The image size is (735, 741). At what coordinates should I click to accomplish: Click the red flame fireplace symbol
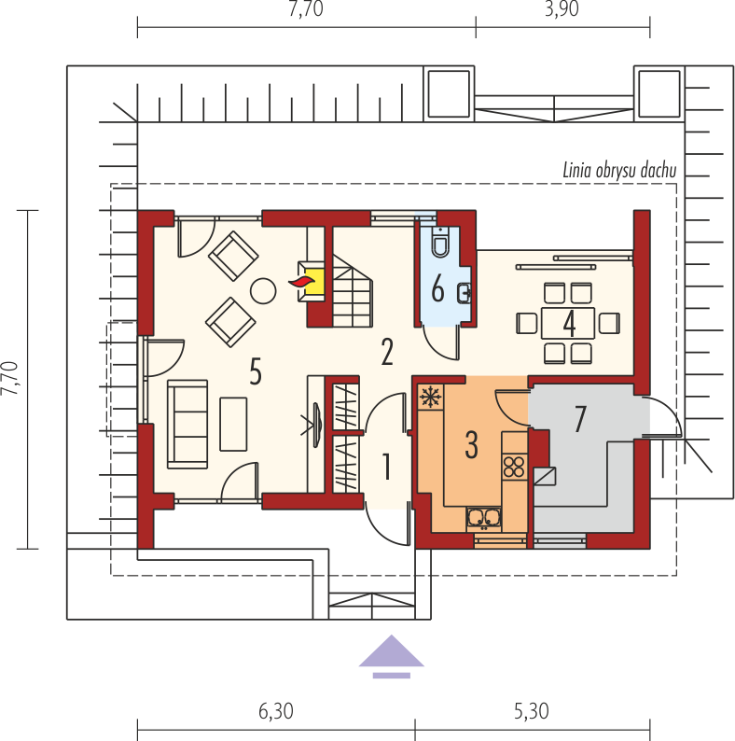coord(302,281)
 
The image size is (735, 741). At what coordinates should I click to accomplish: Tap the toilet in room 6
coord(440,242)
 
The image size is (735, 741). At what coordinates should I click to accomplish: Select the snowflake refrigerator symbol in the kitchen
coord(430,397)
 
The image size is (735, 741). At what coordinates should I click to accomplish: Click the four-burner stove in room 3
coord(514,466)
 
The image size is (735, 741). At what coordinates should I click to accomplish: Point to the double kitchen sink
coord(483,517)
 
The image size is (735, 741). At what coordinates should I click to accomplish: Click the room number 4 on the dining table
coord(569,324)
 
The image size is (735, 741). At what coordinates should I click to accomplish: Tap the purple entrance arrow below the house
coord(392,656)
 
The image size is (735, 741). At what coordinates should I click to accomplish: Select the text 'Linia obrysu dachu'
coord(619,171)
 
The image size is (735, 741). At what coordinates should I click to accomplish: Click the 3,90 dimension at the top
coord(562,9)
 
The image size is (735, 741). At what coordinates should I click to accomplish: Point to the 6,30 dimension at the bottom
coord(276,711)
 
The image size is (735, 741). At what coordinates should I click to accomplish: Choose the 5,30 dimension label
coord(532,711)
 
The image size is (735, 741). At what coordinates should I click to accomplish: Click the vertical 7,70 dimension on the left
coord(9,378)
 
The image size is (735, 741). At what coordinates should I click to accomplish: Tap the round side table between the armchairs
coord(263,290)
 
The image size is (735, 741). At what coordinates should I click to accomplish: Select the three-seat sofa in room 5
coord(187,424)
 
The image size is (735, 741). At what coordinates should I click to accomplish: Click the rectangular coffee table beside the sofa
coord(233,424)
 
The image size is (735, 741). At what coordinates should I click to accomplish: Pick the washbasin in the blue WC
coord(464,292)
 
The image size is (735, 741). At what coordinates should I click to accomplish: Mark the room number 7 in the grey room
coord(580,419)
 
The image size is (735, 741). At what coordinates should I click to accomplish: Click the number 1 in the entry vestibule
coord(387,467)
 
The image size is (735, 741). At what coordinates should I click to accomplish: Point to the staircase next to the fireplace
coord(353,290)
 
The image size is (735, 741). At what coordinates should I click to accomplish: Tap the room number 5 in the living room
coord(255,371)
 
